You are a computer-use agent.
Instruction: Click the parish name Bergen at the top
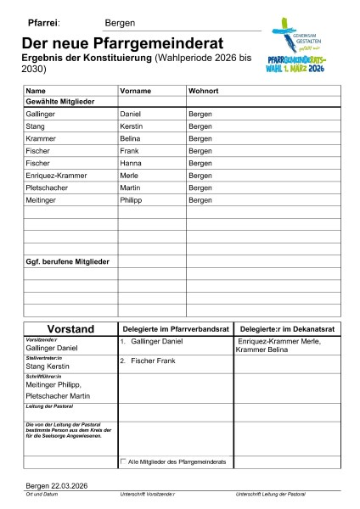pyautogui.click(x=120, y=24)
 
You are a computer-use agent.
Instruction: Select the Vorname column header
pyautogui.click(x=136, y=89)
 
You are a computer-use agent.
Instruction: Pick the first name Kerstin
pyautogui.click(x=132, y=126)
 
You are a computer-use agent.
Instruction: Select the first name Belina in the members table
pyautogui.click(x=131, y=137)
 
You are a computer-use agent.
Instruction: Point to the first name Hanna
pyautogui.click(x=131, y=163)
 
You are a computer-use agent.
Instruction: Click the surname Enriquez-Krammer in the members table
pyautogui.click(x=61, y=175)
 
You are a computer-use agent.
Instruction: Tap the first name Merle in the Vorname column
pyautogui.click(x=130, y=175)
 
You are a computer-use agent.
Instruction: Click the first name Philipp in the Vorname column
pyautogui.click(x=132, y=200)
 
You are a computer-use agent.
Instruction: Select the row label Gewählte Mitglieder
pyautogui.click(x=60, y=101)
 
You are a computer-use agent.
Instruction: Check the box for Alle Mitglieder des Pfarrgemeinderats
pyautogui.click(x=123, y=461)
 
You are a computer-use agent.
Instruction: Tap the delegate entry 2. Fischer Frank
pyautogui.click(x=148, y=361)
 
